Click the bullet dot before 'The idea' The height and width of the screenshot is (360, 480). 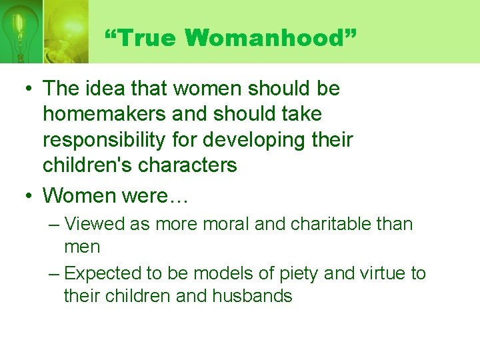tap(26, 89)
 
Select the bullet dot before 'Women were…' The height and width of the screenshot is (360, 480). tap(26, 196)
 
